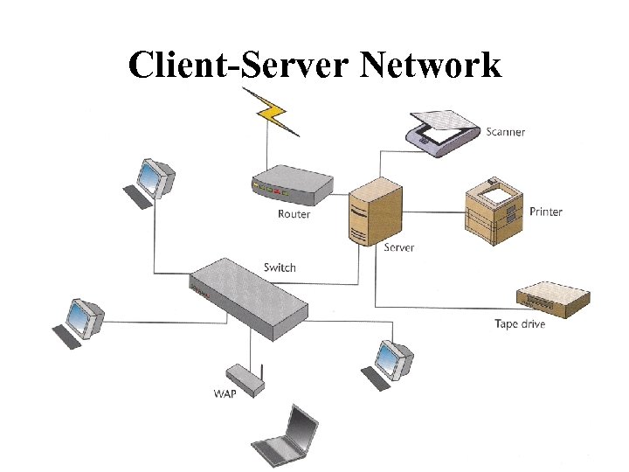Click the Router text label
click(294, 214)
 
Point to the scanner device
click(443, 131)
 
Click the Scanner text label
click(506, 132)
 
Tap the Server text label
click(399, 247)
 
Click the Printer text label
click(546, 212)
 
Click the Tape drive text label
click(520, 324)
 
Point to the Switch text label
click(280, 267)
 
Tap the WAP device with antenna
click(242, 378)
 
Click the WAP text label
click(225, 393)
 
